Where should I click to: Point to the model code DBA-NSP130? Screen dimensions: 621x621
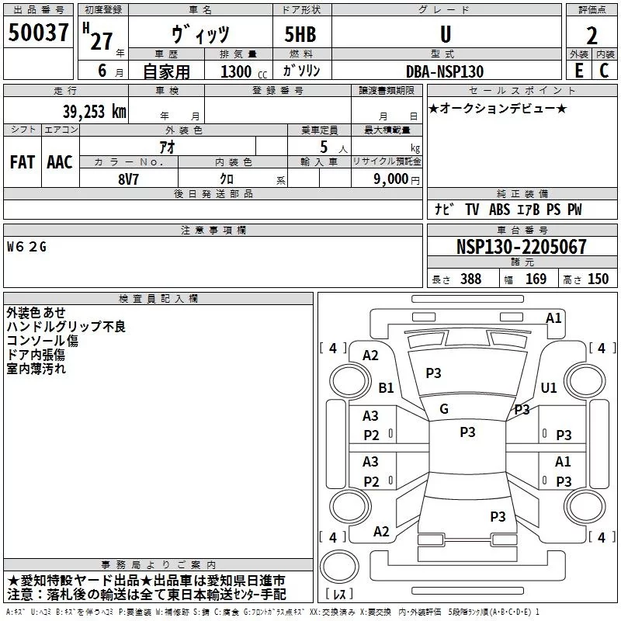coord(445,71)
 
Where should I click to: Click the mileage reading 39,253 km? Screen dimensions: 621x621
coord(94,112)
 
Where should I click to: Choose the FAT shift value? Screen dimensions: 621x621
coord(23,161)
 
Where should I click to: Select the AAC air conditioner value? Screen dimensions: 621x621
coord(59,161)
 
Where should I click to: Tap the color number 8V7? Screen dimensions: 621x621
coord(128,179)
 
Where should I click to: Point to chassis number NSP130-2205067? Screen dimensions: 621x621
coord(521,247)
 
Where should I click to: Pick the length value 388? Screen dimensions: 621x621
coord(470,279)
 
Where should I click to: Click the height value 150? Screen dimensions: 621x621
coord(598,279)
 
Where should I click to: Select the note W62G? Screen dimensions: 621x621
coord(27,247)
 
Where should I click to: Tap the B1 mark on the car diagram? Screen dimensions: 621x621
coord(386,387)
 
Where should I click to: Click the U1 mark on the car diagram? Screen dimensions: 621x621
coord(549,387)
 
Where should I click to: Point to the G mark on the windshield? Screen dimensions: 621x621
coord(444,408)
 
